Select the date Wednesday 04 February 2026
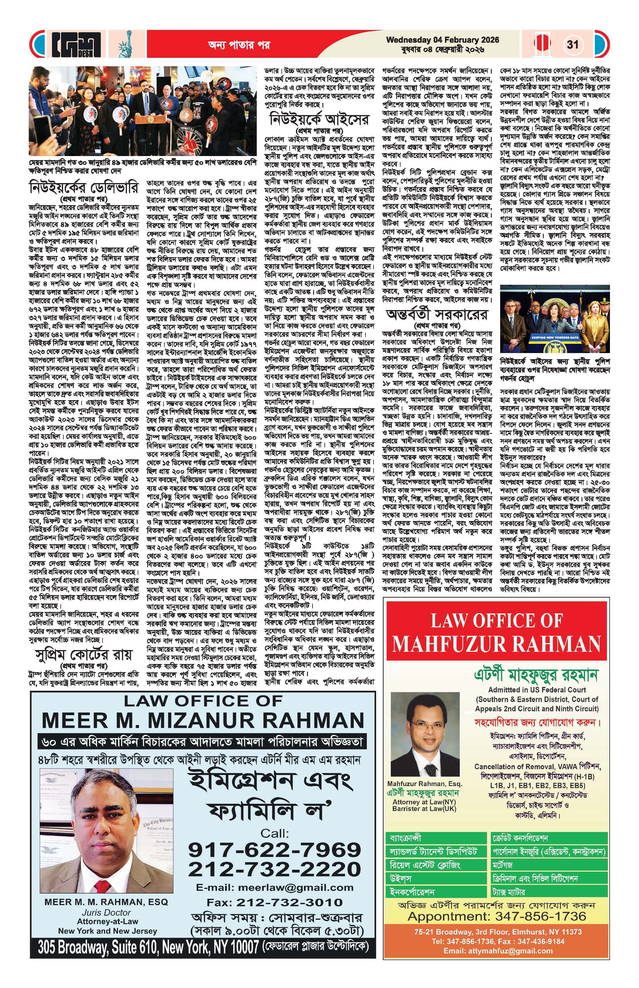[x=442, y=40]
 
